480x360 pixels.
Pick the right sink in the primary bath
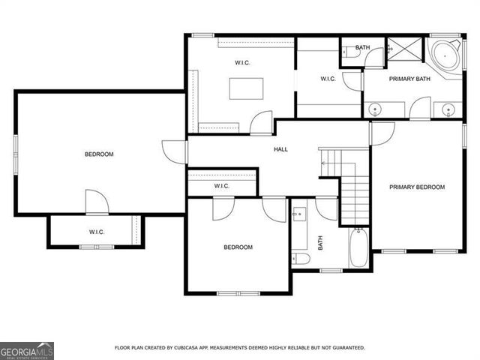pyautogui.click(x=448, y=110)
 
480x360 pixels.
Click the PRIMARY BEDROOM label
pyautogui.click(x=417, y=187)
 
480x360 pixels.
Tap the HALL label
pyautogui.click(x=280, y=149)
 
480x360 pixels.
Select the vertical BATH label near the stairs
pyautogui.click(x=320, y=243)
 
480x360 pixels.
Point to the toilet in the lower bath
pyautogui.click(x=301, y=259)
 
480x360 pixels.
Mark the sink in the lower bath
pyautogui.click(x=298, y=214)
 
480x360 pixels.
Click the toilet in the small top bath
pyautogui.click(x=348, y=52)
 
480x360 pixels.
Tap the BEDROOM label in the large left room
pyautogui.click(x=99, y=154)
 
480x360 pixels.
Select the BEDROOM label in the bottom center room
pyautogui.click(x=238, y=247)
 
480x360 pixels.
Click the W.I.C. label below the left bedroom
pyautogui.click(x=96, y=232)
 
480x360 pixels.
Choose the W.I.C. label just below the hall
pyautogui.click(x=221, y=186)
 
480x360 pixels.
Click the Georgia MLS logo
pyautogui.click(x=27, y=350)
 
